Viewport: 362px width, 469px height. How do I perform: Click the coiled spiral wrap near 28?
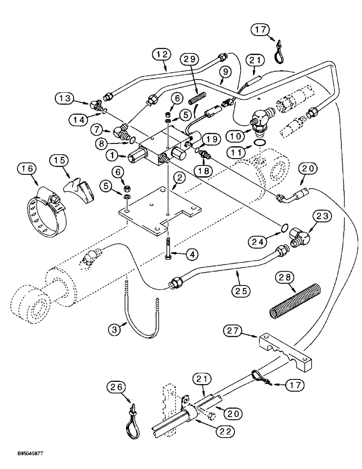tap(296, 299)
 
